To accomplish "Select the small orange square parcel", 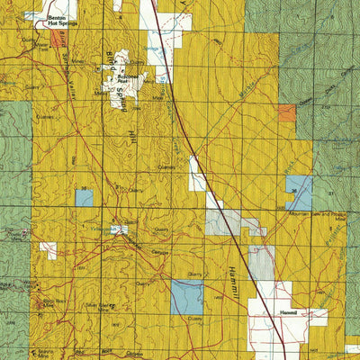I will [286, 112].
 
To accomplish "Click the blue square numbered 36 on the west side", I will [84, 196].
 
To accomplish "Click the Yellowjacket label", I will [120, 229].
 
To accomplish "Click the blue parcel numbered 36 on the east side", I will [299, 192].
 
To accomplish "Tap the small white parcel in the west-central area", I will [48, 249].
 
